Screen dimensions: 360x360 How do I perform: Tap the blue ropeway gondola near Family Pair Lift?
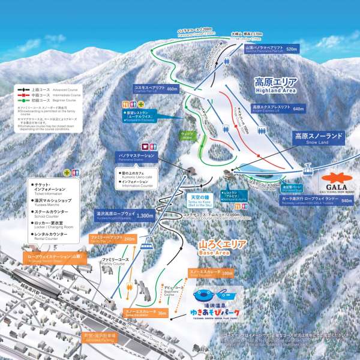tap(146, 244)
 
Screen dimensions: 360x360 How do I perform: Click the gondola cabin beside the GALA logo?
tap(306, 171)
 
